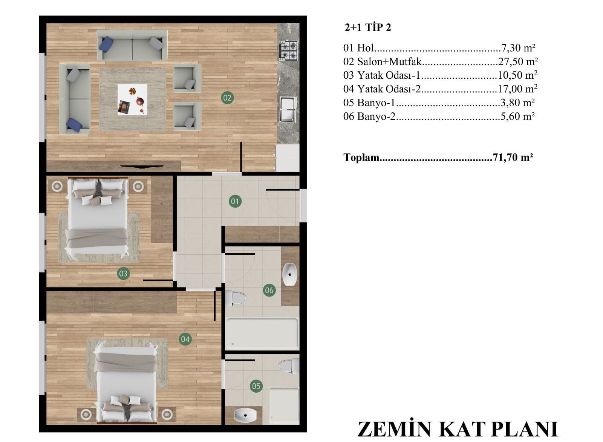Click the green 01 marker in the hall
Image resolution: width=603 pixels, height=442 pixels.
click(235, 202)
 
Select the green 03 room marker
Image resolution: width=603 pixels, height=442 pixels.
click(123, 274)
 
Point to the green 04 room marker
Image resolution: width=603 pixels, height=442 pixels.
click(185, 339)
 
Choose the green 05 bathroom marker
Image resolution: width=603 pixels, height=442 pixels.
click(256, 386)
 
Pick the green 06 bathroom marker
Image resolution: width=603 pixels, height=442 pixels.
click(269, 291)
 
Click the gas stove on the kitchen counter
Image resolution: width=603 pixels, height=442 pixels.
click(288, 50)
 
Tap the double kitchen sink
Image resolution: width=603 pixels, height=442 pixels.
click(288, 109)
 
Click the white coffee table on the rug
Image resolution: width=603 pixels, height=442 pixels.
click(132, 99)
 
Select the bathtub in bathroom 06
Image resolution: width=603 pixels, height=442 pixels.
click(262, 334)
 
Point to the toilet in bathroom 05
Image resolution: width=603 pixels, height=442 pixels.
click(289, 367)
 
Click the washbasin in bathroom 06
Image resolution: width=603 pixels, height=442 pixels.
click(290, 275)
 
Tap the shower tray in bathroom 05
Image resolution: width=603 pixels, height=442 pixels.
click(284, 406)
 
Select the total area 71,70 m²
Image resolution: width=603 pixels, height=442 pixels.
click(513, 158)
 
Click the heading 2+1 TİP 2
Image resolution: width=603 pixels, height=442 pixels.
click(368, 28)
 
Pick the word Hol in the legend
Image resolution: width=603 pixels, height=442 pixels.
click(365, 48)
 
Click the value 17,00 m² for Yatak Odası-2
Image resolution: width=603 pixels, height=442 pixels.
click(517, 89)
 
